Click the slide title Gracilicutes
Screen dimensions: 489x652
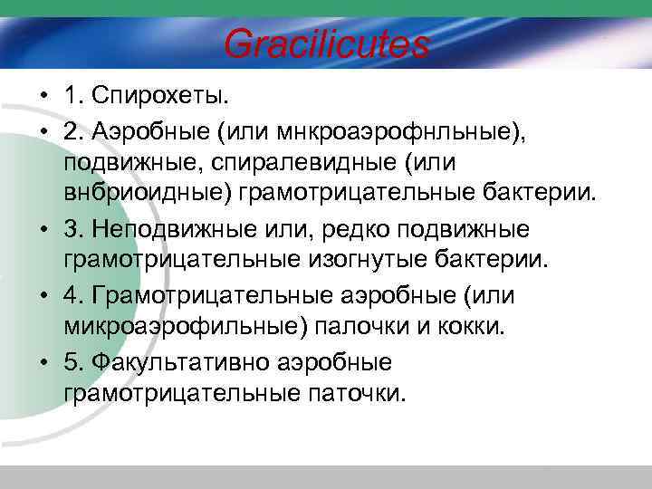coord(326,43)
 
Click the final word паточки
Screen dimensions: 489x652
coord(360,394)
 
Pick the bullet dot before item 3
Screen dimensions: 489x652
coord(43,229)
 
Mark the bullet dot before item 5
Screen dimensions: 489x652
coord(43,363)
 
